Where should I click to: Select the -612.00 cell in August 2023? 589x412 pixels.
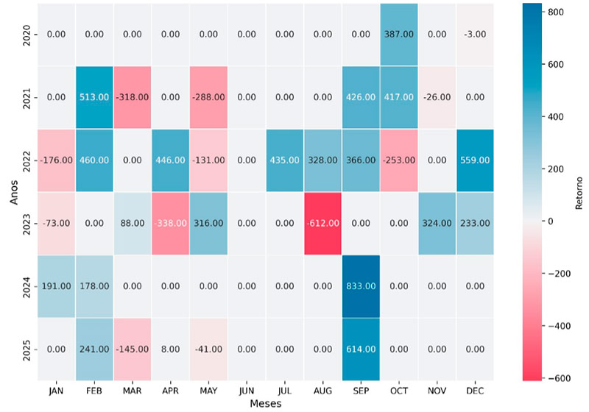(322, 224)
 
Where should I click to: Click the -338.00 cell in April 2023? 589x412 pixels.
(169, 224)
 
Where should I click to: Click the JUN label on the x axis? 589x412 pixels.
(246, 390)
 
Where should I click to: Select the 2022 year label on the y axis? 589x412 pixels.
(27, 160)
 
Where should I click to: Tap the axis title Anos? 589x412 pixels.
(11, 192)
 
